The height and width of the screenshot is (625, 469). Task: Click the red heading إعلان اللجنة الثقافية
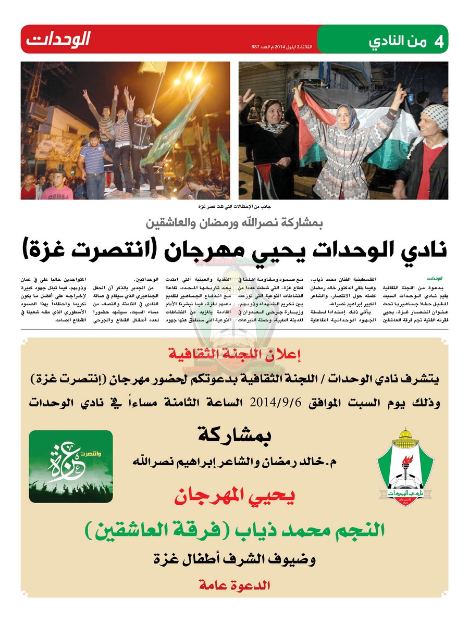click(x=234, y=356)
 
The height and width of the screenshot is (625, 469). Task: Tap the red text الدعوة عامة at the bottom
click(x=234, y=585)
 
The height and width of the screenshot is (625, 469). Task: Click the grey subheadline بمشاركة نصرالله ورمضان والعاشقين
click(x=234, y=224)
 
